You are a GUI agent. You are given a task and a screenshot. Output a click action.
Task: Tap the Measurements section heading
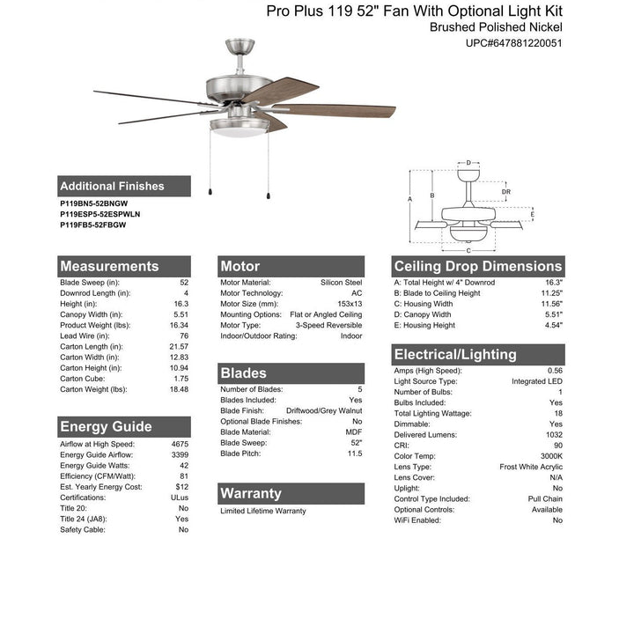pos(109,266)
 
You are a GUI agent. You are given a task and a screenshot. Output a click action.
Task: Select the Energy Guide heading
pos(106,427)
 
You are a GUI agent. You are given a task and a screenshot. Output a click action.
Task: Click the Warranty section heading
pos(251,493)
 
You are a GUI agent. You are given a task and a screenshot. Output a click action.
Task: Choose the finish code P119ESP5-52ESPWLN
pos(100,214)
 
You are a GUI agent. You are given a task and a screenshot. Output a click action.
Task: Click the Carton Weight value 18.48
pos(179,389)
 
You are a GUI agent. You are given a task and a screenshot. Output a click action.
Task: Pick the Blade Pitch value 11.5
pos(353,453)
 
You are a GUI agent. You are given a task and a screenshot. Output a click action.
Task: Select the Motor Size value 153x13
pos(349,304)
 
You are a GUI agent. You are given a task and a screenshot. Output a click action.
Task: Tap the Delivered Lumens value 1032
pos(553,435)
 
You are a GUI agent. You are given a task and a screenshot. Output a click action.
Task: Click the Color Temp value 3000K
pos(551,456)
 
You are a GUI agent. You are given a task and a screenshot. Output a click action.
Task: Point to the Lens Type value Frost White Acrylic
pos(531,467)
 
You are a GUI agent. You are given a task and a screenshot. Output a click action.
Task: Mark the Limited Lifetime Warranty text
pos(263,511)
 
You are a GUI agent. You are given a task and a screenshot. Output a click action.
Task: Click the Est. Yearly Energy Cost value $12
pos(182,487)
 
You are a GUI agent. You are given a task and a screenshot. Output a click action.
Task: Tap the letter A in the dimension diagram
pos(411,200)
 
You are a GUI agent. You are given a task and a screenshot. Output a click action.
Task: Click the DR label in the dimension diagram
pos(505,191)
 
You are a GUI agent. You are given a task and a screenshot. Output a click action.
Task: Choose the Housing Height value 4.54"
pos(553,325)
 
